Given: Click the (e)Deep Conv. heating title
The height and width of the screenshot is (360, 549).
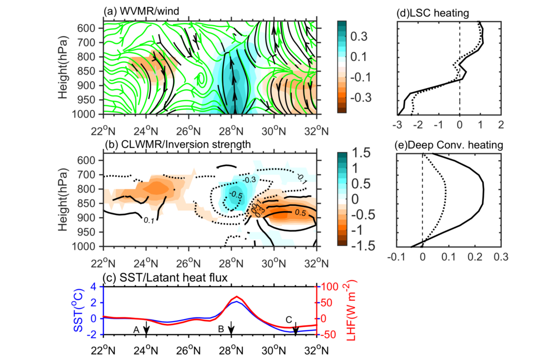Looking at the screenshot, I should [x=440, y=145].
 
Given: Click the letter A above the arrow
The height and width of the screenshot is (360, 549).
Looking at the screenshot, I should [x=136, y=330].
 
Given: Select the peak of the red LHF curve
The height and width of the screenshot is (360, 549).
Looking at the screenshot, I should [x=237, y=297].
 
